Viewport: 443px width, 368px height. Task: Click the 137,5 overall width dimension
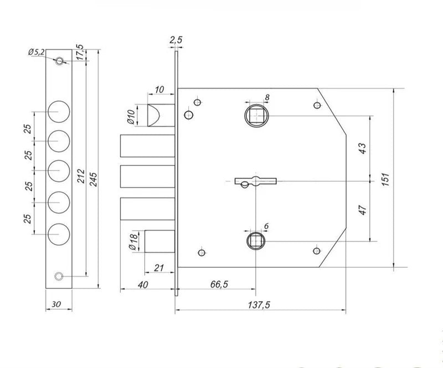[x=259, y=305]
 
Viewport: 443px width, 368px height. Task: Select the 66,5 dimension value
[x=219, y=284]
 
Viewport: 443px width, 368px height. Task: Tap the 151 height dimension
[x=385, y=179]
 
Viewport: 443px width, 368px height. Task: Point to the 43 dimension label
[x=362, y=148]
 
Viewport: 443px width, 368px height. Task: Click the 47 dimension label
[x=363, y=210]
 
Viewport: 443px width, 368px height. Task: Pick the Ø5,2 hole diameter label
[x=36, y=52]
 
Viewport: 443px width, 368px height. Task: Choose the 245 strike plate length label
[x=93, y=179]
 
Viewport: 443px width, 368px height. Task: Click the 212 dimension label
[x=81, y=176]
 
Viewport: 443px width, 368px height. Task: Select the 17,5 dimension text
[x=80, y=53]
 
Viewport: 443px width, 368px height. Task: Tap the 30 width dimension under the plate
[x=56, y=304]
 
